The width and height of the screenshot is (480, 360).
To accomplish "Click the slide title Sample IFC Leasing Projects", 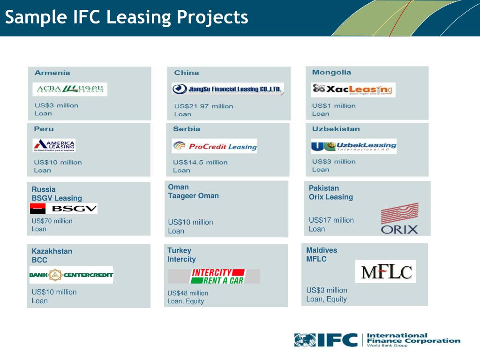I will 127,17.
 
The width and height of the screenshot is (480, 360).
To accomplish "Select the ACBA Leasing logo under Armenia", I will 70,89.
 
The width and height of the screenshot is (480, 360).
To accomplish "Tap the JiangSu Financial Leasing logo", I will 228,89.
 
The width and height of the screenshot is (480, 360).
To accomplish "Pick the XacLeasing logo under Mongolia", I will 353,90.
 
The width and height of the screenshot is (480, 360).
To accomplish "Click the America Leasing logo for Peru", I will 54,145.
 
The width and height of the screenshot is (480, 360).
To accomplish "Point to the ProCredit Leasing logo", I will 214,146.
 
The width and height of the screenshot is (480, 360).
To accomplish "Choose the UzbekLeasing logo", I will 353,146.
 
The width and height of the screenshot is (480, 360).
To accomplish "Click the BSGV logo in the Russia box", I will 64,209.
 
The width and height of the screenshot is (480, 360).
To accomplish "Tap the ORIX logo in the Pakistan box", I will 399,219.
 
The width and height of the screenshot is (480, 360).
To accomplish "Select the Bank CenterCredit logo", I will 71,275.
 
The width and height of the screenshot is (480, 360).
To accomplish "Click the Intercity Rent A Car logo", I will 214,276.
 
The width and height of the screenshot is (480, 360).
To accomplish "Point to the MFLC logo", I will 385,271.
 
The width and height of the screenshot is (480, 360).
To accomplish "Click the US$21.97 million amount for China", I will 203,106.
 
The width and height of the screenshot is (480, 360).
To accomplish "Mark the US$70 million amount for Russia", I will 52,221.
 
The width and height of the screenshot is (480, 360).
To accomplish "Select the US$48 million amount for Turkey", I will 188,293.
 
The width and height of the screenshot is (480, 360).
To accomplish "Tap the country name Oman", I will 178,187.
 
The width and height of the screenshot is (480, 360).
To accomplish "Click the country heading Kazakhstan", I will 52,251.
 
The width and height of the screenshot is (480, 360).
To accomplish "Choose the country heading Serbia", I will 187,129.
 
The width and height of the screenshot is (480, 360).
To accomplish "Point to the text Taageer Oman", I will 193,196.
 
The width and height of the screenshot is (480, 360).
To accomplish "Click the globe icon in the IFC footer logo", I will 305,340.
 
